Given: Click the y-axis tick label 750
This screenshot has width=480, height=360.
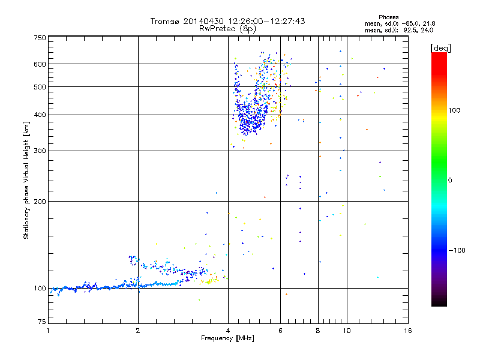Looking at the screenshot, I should (40, 37).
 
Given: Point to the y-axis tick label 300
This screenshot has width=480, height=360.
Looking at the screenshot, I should (40, 151).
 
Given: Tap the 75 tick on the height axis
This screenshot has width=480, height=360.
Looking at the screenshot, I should (41, 324).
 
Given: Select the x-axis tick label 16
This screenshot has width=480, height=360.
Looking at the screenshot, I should (407, 331).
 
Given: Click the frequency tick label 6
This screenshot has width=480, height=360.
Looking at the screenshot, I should (280, 331).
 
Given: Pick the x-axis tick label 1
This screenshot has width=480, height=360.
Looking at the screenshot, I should (48, 331).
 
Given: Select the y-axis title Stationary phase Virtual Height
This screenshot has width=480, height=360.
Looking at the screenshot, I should (26, 180).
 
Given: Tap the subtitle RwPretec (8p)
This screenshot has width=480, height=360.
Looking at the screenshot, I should (227, 28).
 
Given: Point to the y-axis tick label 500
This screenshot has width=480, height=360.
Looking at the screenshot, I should (40, 87).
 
